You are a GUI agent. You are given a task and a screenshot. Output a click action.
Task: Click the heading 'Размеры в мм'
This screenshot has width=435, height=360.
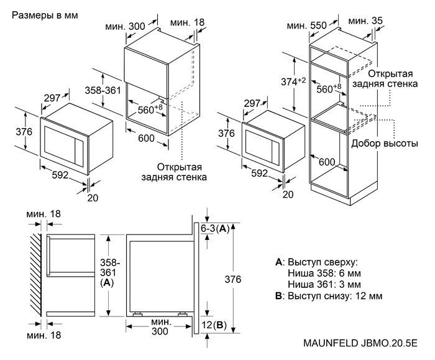point(45,16)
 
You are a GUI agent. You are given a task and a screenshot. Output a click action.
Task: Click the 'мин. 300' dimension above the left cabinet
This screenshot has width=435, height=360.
point(125,26)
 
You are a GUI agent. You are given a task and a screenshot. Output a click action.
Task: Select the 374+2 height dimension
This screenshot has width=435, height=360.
point(293,82)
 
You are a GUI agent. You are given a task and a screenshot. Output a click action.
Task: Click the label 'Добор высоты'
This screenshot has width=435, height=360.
point(385,143)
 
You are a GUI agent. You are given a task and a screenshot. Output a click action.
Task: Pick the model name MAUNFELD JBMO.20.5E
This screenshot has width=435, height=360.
point(360,343)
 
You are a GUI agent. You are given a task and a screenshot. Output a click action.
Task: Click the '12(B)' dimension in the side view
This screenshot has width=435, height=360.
point(213,325)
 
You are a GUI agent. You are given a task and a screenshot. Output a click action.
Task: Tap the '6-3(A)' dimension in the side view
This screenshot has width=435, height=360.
point(215,229)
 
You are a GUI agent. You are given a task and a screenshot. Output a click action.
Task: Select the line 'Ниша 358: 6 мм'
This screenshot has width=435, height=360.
point(324,274)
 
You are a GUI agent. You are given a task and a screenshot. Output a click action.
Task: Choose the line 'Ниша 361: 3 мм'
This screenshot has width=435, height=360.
point(324,285)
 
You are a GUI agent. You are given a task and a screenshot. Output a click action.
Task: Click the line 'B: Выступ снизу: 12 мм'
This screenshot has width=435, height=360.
point(329,296)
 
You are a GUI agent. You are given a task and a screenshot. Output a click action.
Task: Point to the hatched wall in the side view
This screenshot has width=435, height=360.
point(36,275)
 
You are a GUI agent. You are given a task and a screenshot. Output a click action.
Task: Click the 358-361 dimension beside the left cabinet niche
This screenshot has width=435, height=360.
point(103,91)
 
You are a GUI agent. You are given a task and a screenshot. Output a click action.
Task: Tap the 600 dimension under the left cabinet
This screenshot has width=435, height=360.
point(146,138)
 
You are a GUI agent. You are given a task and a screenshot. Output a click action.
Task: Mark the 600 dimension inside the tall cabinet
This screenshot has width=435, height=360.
point(326,162)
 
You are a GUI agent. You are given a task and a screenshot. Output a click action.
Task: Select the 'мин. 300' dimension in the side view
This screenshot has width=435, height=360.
point(160,326)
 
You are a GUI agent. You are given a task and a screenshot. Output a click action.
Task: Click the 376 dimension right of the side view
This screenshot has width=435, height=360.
point(233,279)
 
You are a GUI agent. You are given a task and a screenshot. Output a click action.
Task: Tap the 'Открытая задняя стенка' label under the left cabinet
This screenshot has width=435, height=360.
point(174,172)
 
